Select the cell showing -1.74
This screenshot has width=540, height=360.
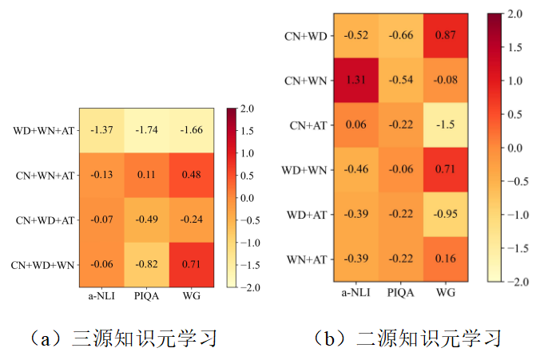coord(146,129)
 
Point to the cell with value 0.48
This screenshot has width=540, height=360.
coord(191,174)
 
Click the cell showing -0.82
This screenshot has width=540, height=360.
coord(146,264)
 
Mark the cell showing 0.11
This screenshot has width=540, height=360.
coord(146,174)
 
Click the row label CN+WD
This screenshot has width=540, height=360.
coord(304,36)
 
